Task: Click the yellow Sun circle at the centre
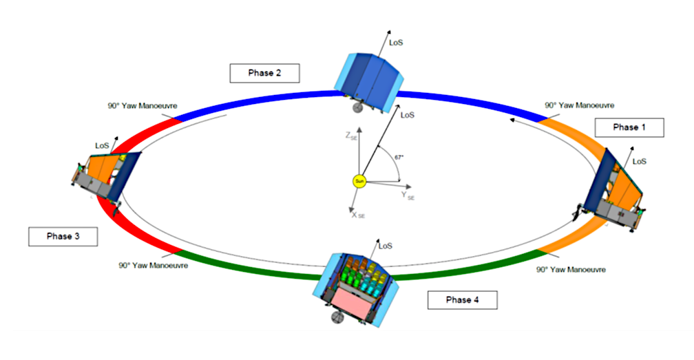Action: [x=358, y=182]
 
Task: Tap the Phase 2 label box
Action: [x=265, y=72]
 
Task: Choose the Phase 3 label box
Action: [x=63, y=236]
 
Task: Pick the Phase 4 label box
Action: [x=461, y=300]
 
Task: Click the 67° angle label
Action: [x=399, y=157]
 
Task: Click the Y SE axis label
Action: [x=408, y=195]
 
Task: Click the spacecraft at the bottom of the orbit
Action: [x=355, y=286]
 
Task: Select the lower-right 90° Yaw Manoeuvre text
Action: [x=571, y=270]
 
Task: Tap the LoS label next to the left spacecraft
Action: [x=101, y=146]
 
